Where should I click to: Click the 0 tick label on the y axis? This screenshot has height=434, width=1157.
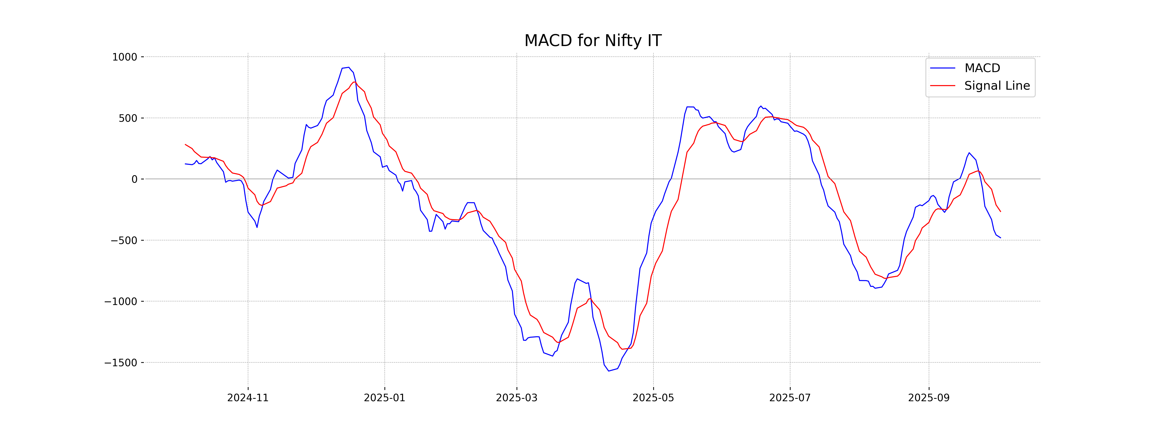click(134, 179)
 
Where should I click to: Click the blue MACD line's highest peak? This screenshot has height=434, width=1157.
click(349, 68)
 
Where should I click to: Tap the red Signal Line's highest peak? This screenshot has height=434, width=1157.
click(354, 82)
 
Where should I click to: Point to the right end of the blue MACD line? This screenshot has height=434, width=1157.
click(1000, 238)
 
